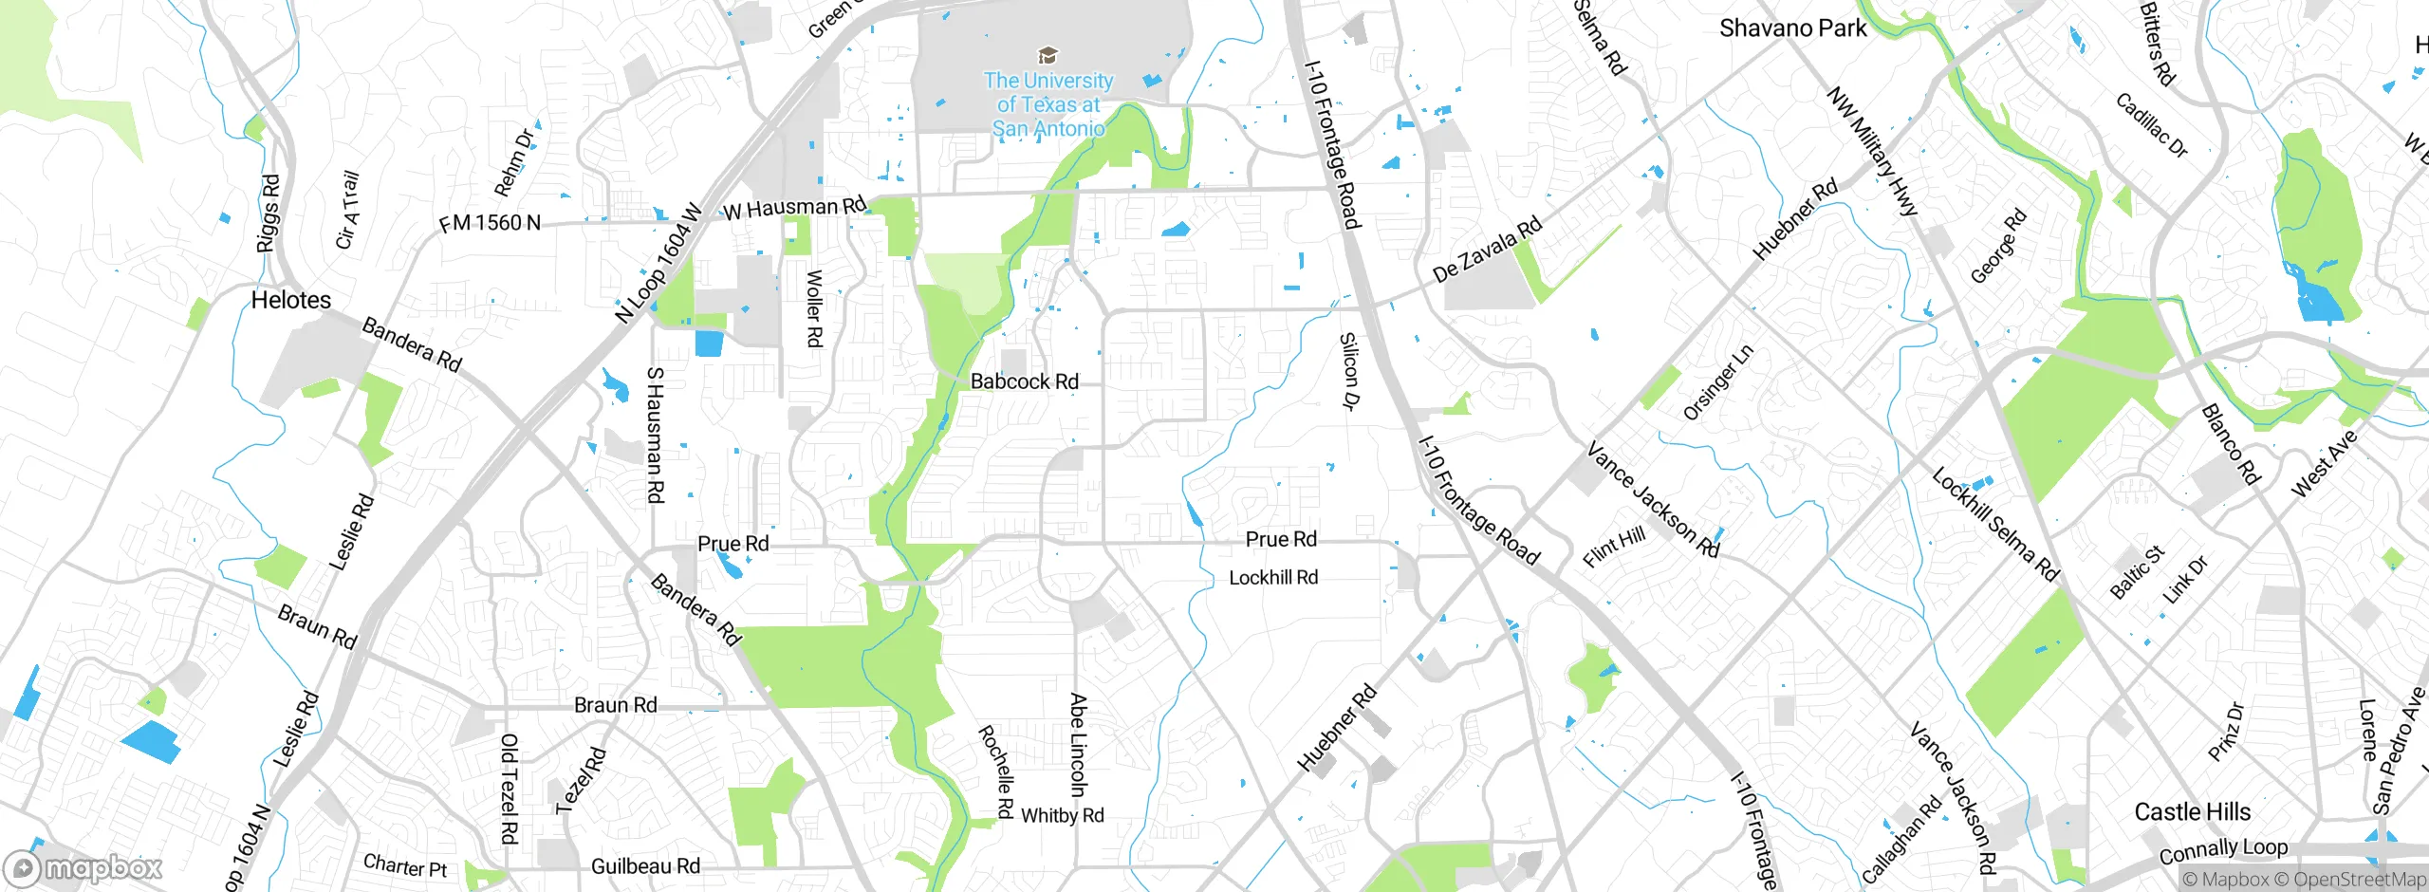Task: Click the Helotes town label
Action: (290, 300)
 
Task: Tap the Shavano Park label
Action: (1792, 28)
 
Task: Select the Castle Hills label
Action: (2192, 812)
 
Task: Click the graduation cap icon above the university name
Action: (1048, 55)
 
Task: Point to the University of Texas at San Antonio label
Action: (1048, 104)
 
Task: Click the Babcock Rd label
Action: (1024, 381)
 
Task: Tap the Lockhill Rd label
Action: (1273, 578)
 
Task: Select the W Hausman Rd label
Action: (794, 208)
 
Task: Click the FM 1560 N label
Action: (490, 223)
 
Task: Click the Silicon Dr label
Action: (1349, 371)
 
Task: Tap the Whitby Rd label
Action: (1062, 816)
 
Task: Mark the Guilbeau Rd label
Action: (645, 866)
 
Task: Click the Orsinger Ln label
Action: (1717, 383)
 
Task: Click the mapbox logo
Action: (83, 868)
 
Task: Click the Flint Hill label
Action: (1614, 548)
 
